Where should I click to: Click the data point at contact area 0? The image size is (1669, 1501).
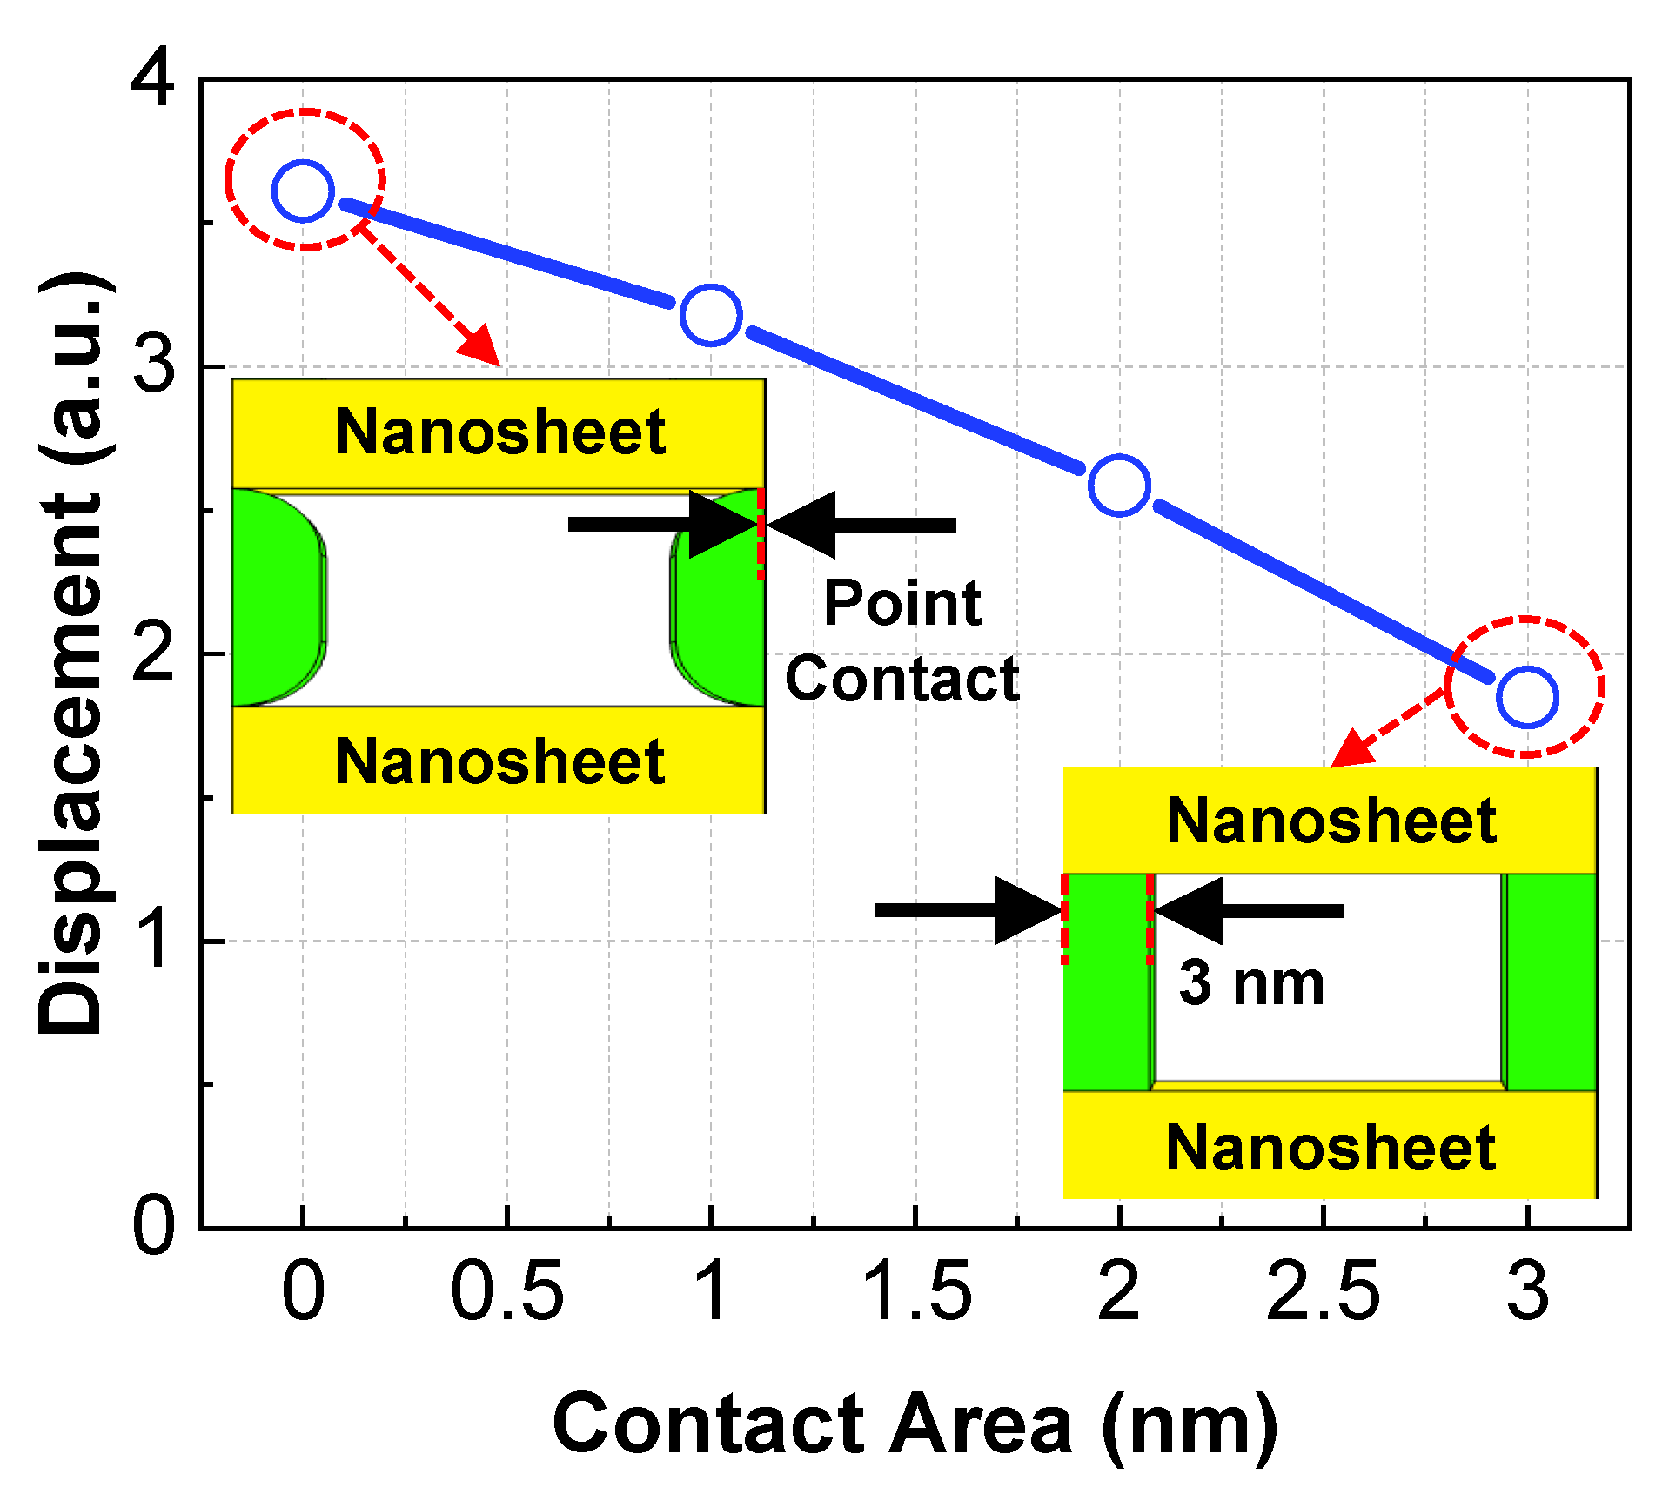[x=303, y=191]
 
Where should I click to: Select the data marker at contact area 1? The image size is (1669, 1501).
[x=711, y=314]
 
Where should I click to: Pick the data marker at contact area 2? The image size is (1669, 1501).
[x=1119, y=485]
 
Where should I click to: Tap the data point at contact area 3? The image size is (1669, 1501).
[x=1527, y=697]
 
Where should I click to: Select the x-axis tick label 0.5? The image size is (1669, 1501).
[x=507, y=1291]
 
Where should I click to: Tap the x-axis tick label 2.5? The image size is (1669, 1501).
[x=1323, y=1291]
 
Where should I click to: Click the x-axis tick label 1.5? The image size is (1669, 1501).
[x=915, y=1291]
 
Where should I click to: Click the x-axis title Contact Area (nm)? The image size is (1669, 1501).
[x=915, y=1425]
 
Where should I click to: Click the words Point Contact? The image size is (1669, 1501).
[x=902, y=640]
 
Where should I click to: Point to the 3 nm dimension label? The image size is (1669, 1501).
[x=1251, y=983]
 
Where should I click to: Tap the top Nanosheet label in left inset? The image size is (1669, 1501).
[x=500, y=432]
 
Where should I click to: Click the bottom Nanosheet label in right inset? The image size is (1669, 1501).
[x=1331, y=1148]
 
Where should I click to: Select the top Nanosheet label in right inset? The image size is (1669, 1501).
[x=1331, y=821]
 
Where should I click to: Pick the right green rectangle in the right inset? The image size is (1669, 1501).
[x=1551, y=982]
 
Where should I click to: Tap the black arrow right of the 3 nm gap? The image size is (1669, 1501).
[x=1250, y=911]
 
